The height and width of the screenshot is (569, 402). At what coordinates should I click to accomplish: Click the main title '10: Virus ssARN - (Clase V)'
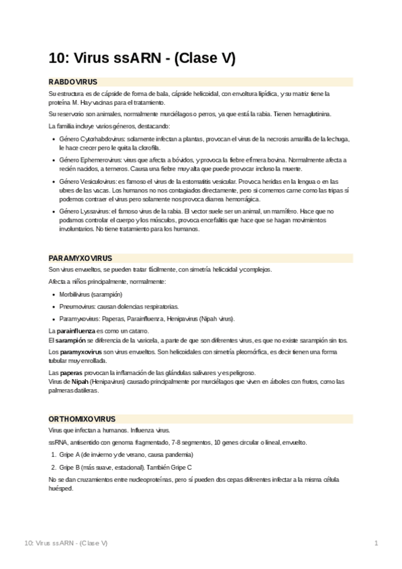(x=142, y=58)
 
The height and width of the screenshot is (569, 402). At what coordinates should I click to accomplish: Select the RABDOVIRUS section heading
(x=73, y=82)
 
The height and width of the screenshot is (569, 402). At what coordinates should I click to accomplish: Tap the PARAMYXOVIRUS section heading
(x=80, y=258)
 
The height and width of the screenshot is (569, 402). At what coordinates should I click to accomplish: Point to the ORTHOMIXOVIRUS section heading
(x=82, y=418)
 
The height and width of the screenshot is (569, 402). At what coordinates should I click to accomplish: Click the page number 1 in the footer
(x=376, y=541)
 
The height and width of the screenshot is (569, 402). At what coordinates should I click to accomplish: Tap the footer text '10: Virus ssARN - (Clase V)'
(x=66, y=541)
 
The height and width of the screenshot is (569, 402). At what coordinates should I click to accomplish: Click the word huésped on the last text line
(x=60, y=488)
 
